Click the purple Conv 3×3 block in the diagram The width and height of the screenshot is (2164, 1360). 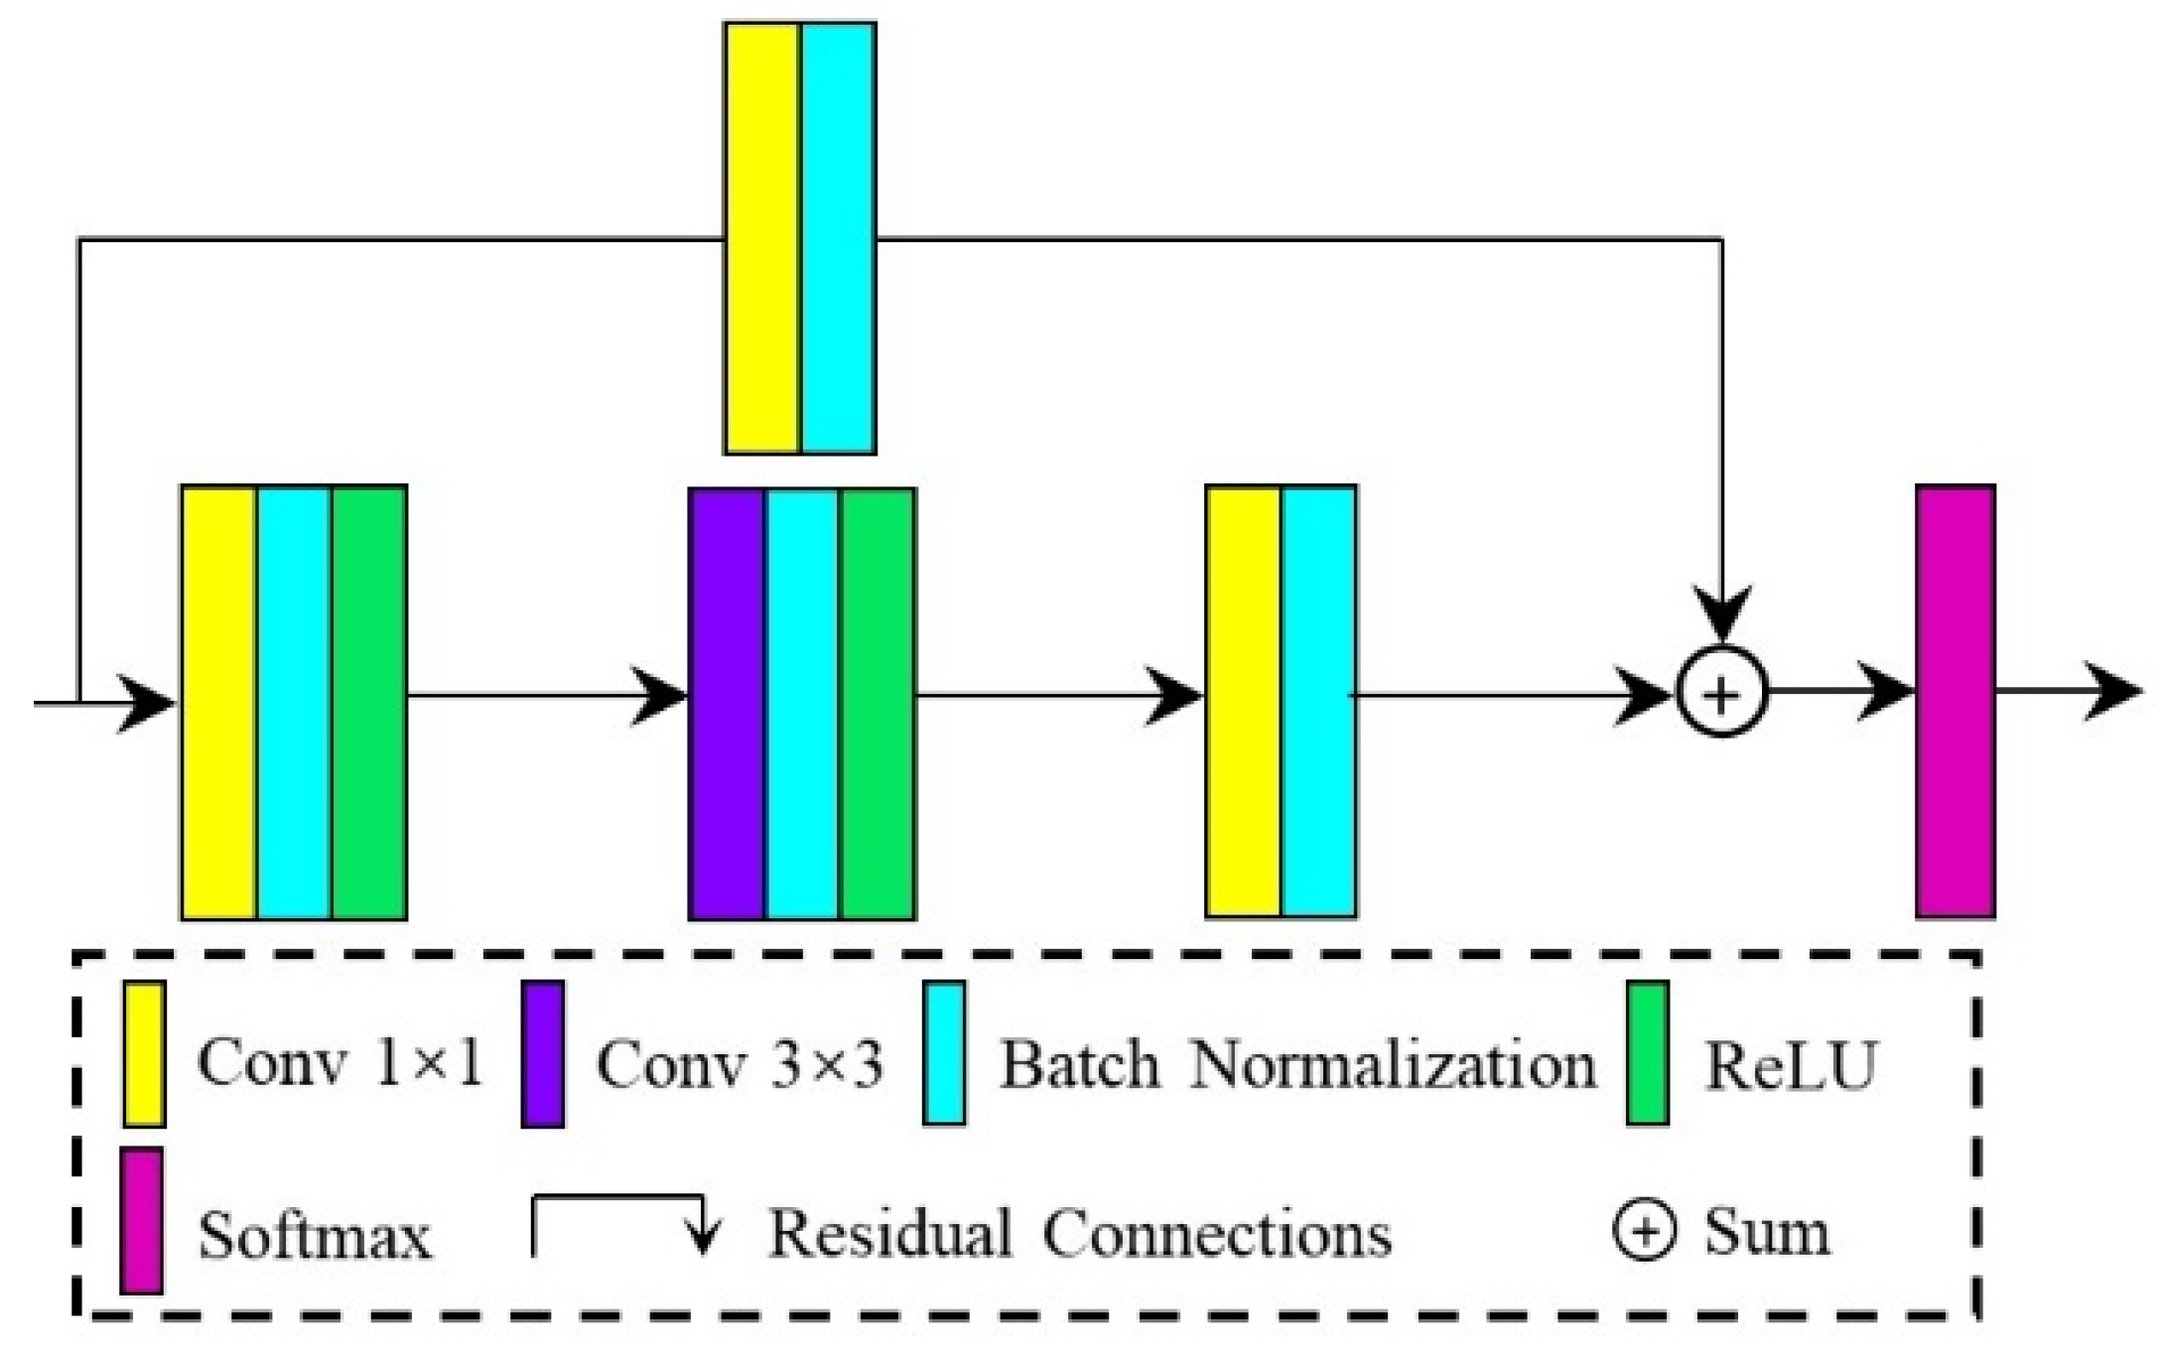pos(727,703)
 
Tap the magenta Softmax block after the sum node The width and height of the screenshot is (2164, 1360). pos(1955,701)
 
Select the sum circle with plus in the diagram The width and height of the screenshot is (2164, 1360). pos(1722,694)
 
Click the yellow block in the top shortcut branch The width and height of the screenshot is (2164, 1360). pos(762,238)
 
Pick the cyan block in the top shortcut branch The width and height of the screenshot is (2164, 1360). pos(839,238)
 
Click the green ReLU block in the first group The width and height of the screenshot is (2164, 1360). pos(369,703)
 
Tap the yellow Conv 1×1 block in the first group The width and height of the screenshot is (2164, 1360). pos(219,703)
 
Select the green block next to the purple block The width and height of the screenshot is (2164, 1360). pos(878,703)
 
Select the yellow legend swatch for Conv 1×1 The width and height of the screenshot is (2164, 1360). pos(144,1053)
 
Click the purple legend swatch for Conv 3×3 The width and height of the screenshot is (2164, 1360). pos(543,1053)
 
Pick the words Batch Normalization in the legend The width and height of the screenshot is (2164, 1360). pos(1296,1065)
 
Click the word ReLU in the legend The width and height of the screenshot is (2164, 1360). pos(1790,1066)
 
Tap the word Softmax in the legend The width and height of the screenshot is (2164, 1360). pos(315,1236)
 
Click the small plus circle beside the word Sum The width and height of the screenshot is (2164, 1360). pos(1645,1231)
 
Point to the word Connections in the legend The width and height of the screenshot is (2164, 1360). pos(1216,1234)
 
